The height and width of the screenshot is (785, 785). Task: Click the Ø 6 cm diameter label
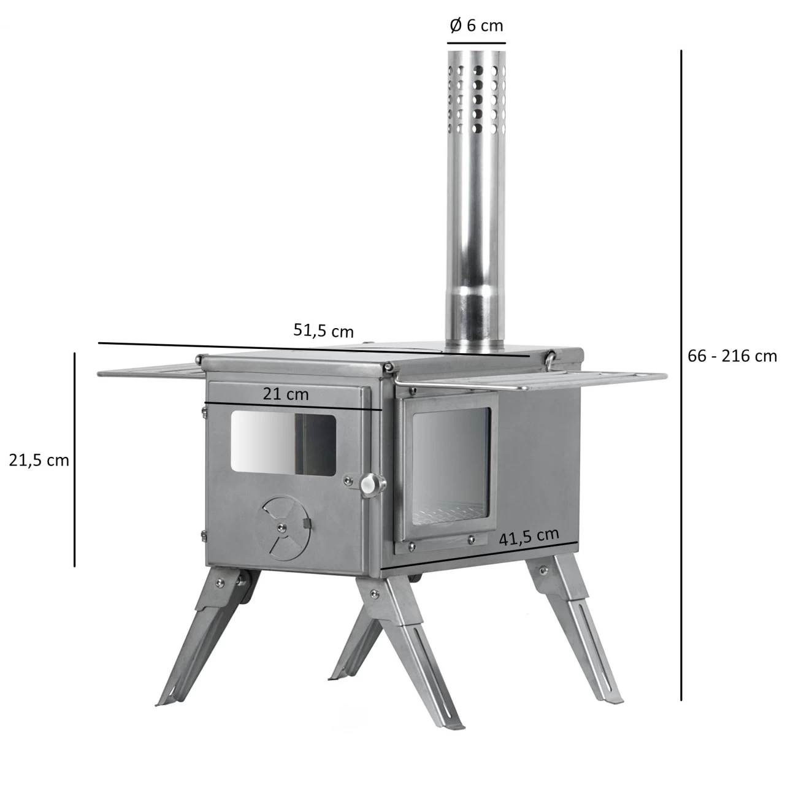tap(476, 26)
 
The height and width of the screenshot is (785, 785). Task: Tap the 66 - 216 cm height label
tap(732, 356)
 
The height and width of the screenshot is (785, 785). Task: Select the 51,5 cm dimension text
tap(323, 331)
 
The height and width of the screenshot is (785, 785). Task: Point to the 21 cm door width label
tap(286, 394)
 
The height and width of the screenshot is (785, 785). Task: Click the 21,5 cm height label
tap(39, 460)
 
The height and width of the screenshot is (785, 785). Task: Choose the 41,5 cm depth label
tap(529, 536)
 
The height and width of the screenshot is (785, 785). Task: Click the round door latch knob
tap(369, 485)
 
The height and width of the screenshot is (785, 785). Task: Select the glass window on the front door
tap(283, 442)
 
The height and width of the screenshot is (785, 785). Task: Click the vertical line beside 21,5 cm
tap(75, 460)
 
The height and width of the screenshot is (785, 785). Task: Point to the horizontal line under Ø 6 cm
tap(476, 44)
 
